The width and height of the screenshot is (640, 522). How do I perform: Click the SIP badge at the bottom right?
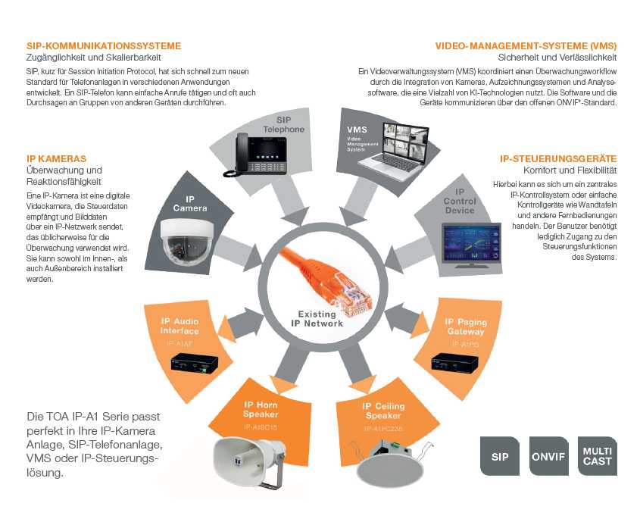(500, 457)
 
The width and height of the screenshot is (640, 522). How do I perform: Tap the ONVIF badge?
(549, 457)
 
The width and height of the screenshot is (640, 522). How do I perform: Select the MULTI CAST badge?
(597, 456)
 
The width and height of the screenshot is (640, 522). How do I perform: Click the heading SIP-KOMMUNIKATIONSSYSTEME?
(93, 45)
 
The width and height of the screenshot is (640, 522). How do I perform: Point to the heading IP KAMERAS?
(56, 158)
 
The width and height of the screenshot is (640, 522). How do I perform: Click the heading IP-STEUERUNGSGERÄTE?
(558, 158)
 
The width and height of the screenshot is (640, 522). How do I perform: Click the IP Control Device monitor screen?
(473, 242)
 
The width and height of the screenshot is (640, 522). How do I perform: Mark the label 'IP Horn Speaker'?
(261, 410)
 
